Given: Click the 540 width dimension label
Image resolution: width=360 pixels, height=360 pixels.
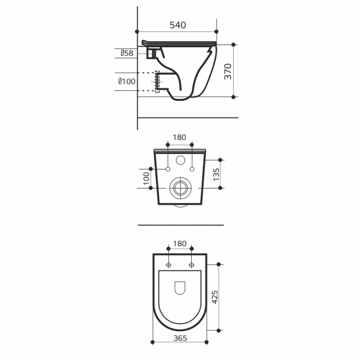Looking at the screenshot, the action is (177, 25).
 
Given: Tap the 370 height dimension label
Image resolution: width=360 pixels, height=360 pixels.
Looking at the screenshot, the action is (228, 71).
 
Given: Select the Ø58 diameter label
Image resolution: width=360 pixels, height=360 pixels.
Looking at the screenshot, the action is (127, 53).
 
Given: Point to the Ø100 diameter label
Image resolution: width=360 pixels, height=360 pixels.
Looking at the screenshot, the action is (127, 81).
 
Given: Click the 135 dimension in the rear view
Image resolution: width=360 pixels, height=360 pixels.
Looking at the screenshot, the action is (216, 175).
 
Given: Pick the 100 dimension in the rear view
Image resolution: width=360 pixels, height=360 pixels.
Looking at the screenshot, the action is (146, 179).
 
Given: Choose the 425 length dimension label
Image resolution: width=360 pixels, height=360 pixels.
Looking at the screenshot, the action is (215, 297).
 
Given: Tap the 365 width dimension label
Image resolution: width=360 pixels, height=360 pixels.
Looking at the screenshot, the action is (180, 338).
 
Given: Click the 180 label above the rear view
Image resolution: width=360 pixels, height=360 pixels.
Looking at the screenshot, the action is (179, 137).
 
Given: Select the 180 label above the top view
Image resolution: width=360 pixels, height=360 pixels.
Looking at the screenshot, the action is (180, 243).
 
